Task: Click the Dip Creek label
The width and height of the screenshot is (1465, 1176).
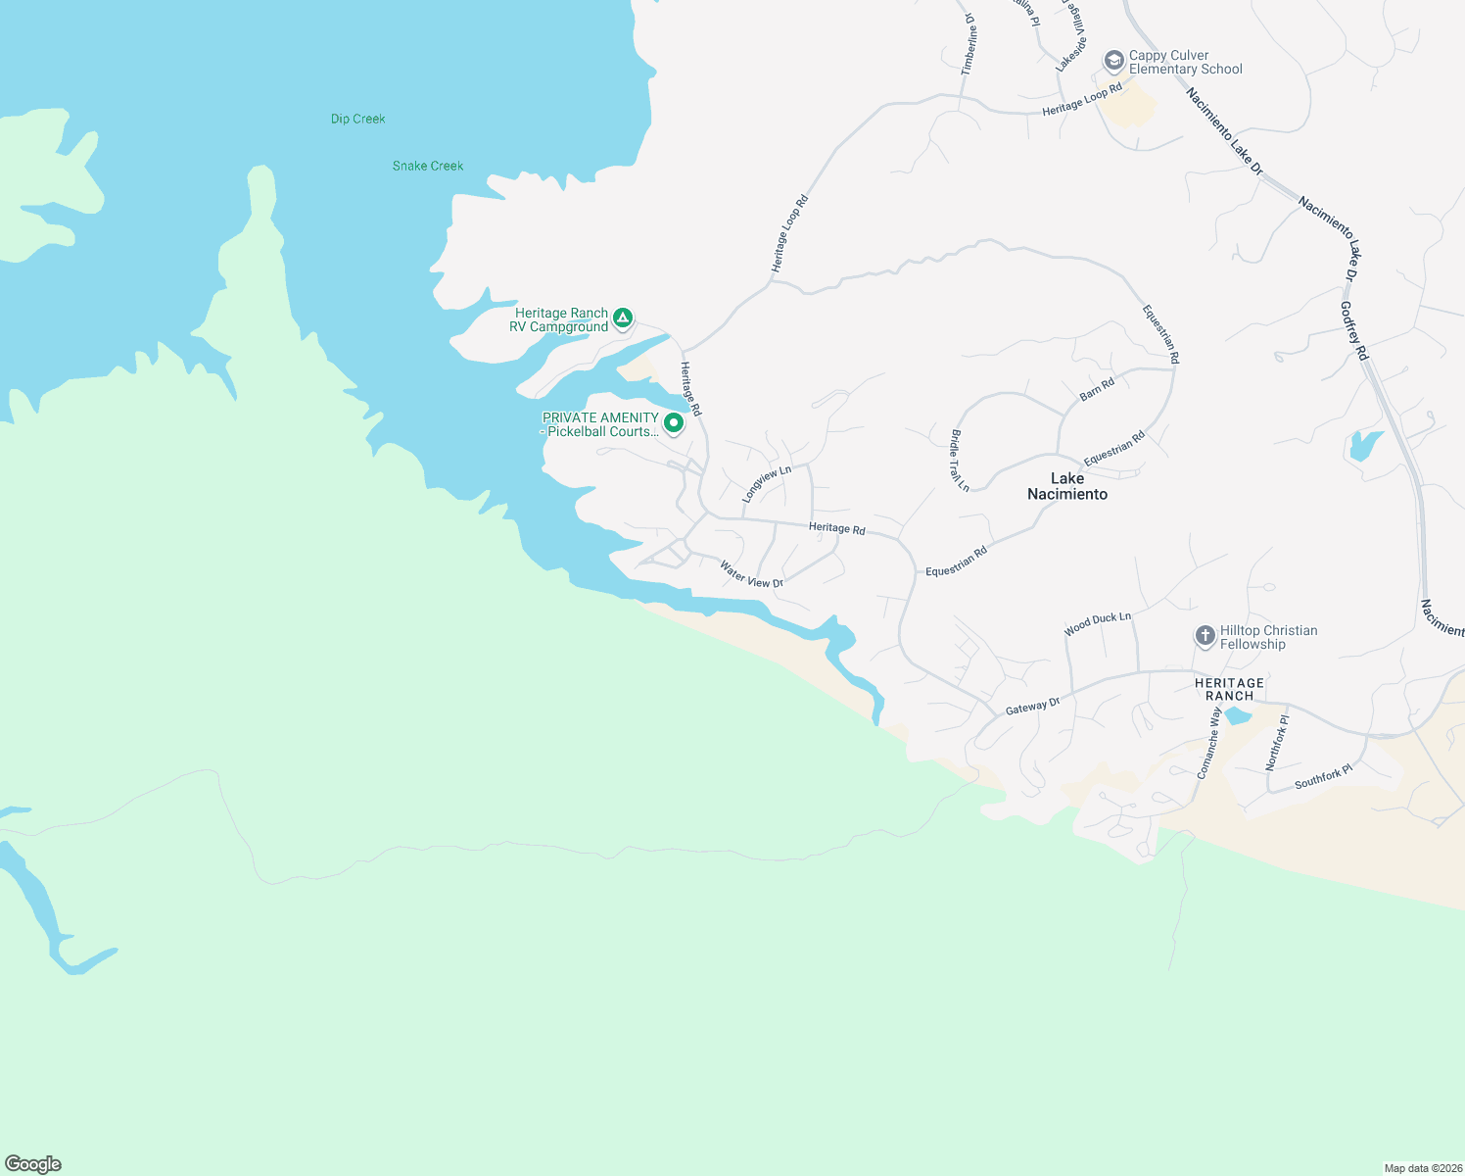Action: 357,119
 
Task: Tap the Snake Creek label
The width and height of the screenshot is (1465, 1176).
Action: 428,166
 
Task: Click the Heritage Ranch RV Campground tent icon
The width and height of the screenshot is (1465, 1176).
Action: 622,318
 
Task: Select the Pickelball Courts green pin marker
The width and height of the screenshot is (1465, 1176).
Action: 674,422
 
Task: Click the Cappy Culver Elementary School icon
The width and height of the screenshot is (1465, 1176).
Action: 1113,61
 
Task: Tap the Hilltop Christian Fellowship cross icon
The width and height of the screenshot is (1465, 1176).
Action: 1205,635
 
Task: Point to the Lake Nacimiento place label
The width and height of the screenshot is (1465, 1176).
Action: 1067,486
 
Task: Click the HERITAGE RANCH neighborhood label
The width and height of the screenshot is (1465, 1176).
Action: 1229,689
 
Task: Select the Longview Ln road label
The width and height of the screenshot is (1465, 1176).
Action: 766,484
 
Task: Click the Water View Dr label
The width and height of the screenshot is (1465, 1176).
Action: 751,575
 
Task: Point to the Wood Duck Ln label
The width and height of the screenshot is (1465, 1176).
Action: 1098,623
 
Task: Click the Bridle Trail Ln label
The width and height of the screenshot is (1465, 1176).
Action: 960,460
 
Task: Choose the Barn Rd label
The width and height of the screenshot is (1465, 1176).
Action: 1097,389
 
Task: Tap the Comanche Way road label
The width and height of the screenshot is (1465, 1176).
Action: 1209,743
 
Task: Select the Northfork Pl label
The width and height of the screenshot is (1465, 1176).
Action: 1277,742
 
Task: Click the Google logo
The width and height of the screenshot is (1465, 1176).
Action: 33,1164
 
